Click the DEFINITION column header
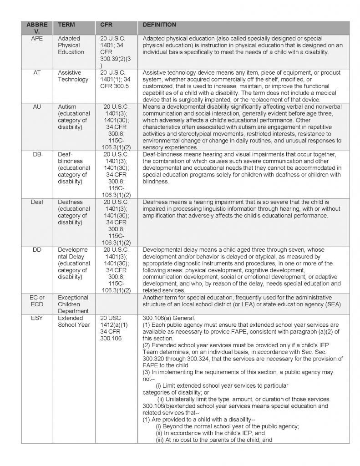tap(159, 25)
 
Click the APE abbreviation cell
tap(37, 38)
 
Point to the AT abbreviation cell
tap(37, 72)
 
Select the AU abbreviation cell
tap(37, 106)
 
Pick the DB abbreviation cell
tap(37, 154)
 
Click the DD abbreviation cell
tap(37, 250)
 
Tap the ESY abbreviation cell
tap(37, 318)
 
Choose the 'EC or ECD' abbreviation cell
tap(37, 301)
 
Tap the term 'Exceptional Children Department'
tap(73, 304)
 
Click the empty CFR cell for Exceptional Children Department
tap(116, 304)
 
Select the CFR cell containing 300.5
tap(114, 79)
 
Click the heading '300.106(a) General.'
tap(168, 318)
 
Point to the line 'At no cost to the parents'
tap(213, 440)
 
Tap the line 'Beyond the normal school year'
tap(227, 426)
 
